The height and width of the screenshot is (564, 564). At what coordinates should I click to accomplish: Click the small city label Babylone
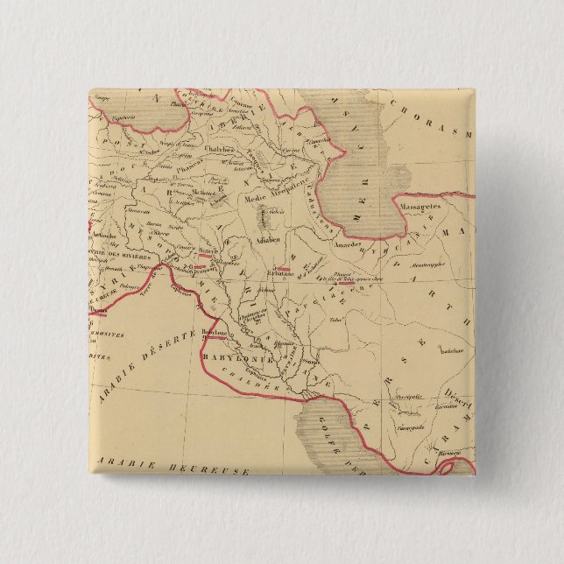(x=214, y=333)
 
